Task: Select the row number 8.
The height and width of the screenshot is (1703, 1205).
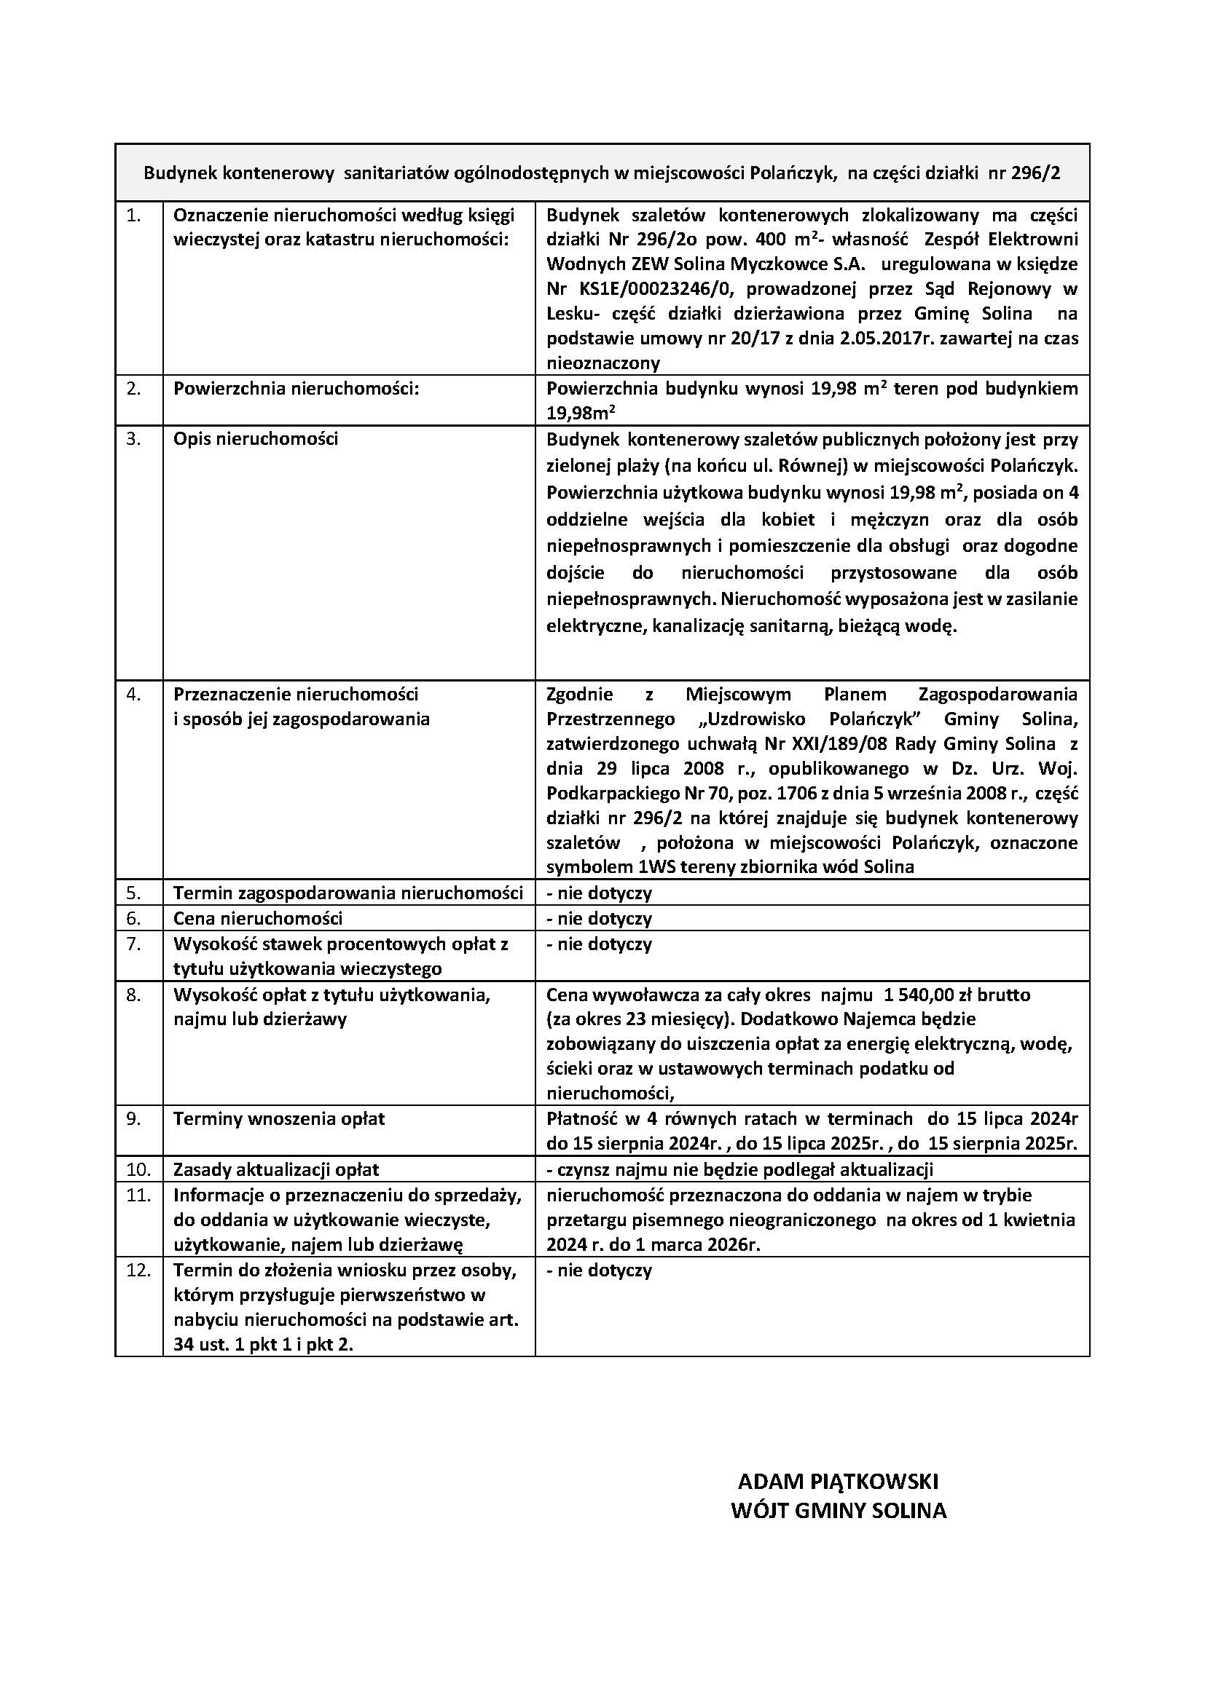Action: tap(133, 995)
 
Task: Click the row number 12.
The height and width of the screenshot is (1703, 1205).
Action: tap(138, 1269)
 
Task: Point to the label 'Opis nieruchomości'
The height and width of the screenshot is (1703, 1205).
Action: tap(255, 438)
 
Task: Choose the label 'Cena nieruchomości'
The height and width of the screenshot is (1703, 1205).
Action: tap(257, 918)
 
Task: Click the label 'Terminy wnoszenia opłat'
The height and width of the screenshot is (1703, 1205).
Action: tap(279, 1118)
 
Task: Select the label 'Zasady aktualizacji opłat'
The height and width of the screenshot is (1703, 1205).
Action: tap(276, 1170)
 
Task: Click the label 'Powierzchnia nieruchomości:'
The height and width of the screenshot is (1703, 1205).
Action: tap(296, 388)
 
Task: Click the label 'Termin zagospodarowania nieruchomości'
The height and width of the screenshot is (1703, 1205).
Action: tap(348, 893)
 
